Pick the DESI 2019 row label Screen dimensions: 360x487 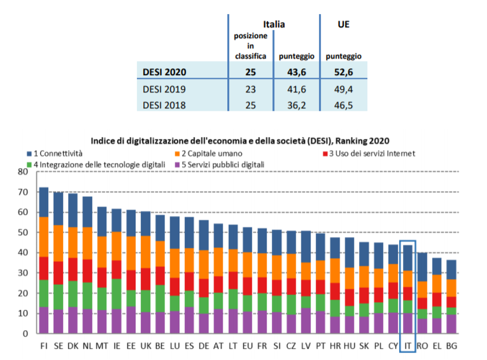tap(164, 89)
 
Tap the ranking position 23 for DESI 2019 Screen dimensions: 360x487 tap(250, 89)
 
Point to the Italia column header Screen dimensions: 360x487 tap(274, 24)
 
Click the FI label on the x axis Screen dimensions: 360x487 tap(45, 345)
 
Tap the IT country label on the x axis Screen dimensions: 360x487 tap(408, 345)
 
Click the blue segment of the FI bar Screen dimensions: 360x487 tap(45, 202)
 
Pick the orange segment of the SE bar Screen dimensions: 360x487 tap(58, 243)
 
